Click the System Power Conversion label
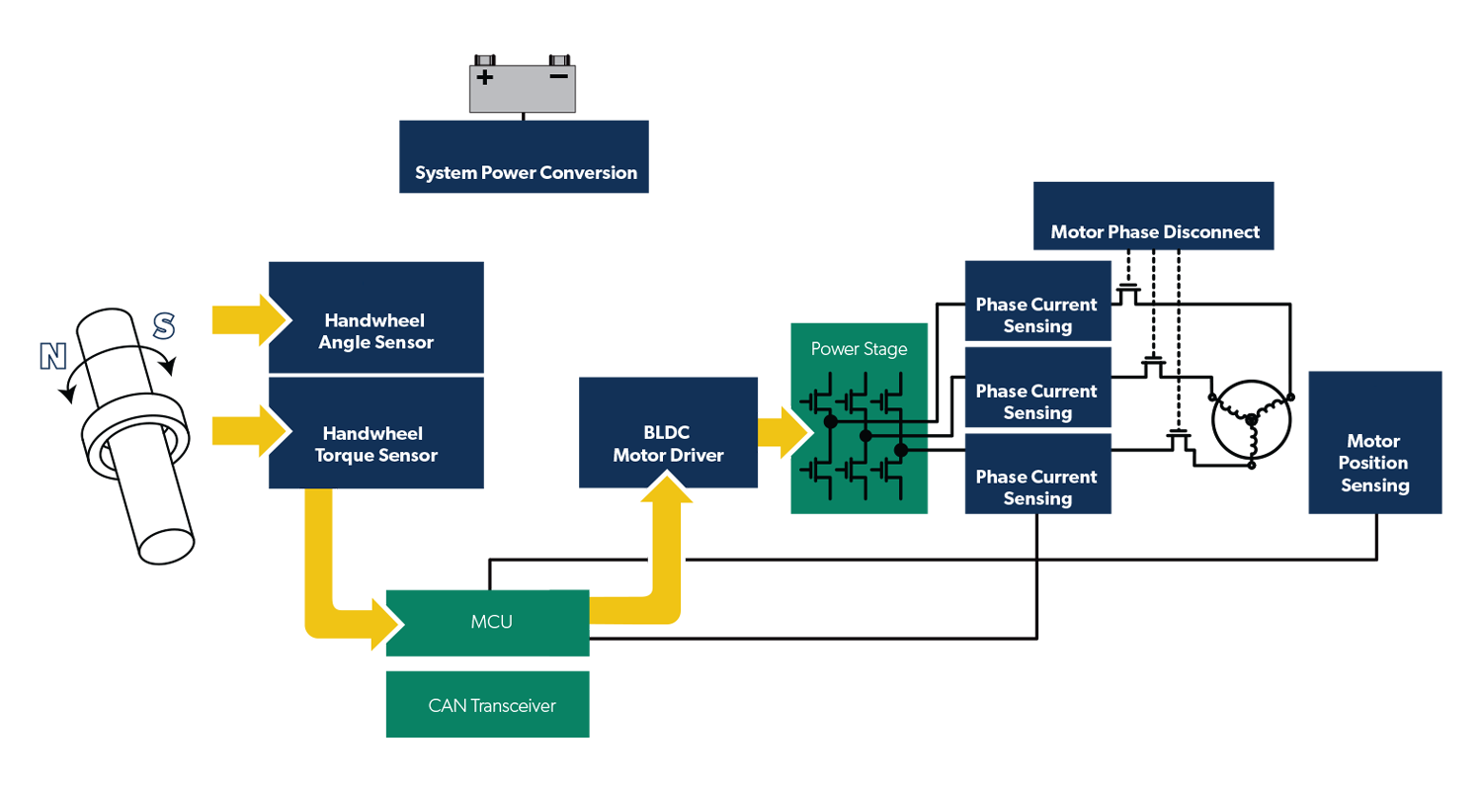pyautogui.click(x=526, y=173)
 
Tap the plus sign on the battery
pyautogui.click(x=484, y=77)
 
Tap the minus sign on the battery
pyautogui.click(x=558, y=76)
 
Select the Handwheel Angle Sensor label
pyautogui.click(x=375, y=332)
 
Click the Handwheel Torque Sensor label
pyautogui.click(x=375, y=445)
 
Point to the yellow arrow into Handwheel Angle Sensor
pyautogui.click(x=252, y=319)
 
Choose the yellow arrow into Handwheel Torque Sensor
pyautogui.click(x=252, y=431)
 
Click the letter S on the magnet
pyautogui.click(x=164, y=326)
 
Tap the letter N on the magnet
pyautogui.click(x=52, y=358)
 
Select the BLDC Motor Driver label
pyautogui.click(x=668, y=445)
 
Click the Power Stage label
pyautogui.click(x=859, y=349)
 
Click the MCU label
pyautogui.click(x=491, y=623)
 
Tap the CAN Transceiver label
pyautogui.click(x=491, y=706)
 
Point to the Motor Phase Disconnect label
pyautogui.click(x=1154, y=232)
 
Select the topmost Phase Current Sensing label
pyautogui.click(x=1036, y=315)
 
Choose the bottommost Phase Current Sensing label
pyautogui.click(x=1036, y=487)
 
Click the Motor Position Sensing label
pyautogui.click(x=1374, y=464)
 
